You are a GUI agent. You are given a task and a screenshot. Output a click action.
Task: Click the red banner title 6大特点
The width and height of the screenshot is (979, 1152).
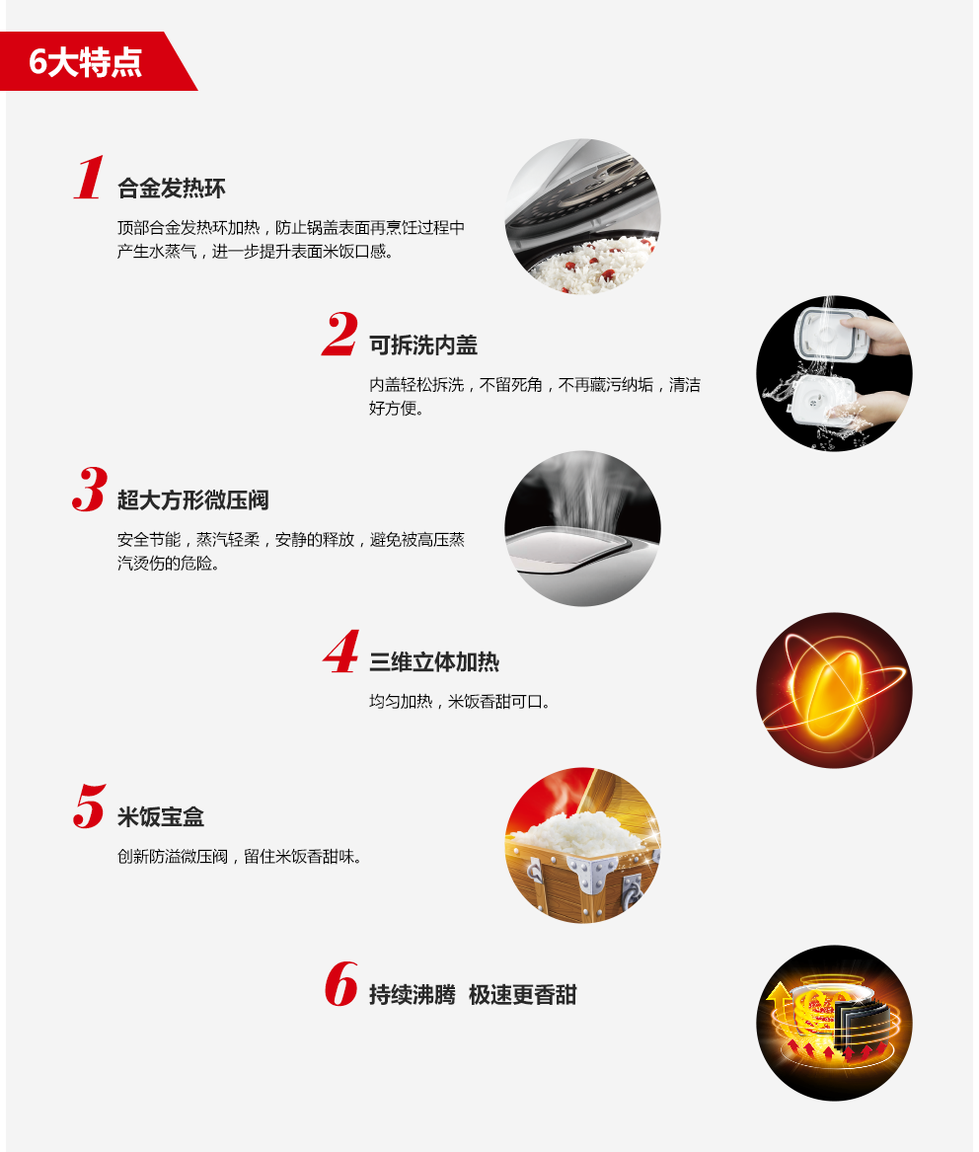[x=85, y=62]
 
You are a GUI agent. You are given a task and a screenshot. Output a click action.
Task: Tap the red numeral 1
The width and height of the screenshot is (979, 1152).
[x=89, y=177]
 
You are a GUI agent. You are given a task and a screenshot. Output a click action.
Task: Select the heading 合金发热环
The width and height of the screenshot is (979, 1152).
[x=171, y=189]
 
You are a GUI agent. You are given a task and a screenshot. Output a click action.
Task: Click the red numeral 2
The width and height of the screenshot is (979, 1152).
[x=339, y=334]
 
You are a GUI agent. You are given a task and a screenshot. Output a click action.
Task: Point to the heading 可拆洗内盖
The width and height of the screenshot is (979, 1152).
[x=423, y=346]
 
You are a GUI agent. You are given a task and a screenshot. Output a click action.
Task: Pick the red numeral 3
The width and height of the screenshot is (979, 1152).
[x=90, y=490]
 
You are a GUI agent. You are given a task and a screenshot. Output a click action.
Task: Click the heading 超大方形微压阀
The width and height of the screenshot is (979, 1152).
[x=193, y=500]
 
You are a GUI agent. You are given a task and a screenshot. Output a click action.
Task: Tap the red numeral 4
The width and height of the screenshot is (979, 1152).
[x=341, y=652]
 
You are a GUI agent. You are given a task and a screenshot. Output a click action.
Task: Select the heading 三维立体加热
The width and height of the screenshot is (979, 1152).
[x=434, y=662]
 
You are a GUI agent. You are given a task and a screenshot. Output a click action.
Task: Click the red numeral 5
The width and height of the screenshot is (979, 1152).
[x=90, y=806]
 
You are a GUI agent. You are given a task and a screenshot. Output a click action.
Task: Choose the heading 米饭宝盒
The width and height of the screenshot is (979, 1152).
[x=161, y=817]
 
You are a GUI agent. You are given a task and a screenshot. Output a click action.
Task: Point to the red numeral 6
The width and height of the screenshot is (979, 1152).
[x=341, y=984]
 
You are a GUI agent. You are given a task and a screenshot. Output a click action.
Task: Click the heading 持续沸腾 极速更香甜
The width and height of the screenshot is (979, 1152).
[x=473, y=995]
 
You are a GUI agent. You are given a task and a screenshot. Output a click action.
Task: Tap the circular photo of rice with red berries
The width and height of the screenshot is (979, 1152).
[x=583, y=217]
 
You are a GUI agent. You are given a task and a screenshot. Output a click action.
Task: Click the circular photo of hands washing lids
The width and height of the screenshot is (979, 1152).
[x=834, y=373]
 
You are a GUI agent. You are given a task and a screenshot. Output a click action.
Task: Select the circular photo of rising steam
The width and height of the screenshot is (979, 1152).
[x=582, y=528]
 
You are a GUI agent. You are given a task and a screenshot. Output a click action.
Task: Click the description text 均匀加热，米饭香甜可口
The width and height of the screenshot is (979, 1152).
[x=460, y=702]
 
